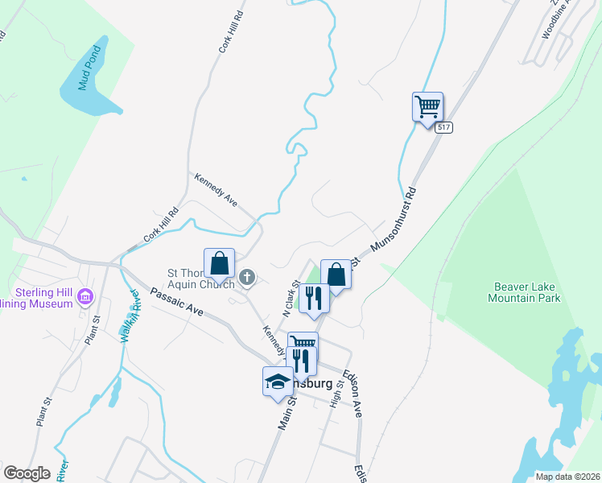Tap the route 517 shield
pos(443,127)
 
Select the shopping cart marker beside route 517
pos(427,107)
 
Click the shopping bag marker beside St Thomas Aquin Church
pos(219,263)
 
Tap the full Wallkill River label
pos(131,316)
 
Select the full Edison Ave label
pos(353,389)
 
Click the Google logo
pos(27,473)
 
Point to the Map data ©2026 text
pos(567,477)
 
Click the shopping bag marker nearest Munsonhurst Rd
pos(336,275)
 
